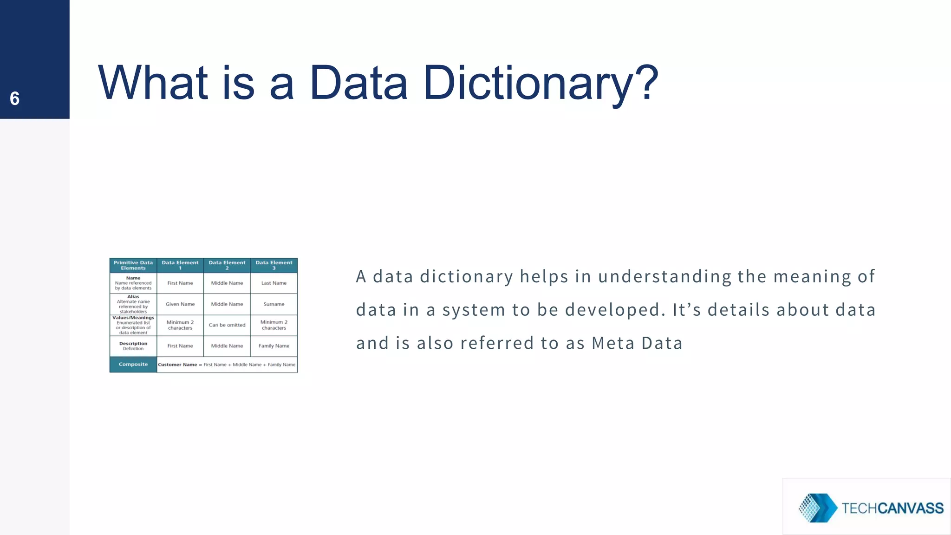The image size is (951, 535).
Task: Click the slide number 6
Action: coord(14,98)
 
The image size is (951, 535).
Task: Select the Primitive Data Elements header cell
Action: coord(133,265)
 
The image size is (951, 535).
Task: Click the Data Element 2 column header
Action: coord(227,265)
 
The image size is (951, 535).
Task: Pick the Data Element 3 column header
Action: coord(274,265)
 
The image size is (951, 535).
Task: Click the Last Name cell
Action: coord(274,283)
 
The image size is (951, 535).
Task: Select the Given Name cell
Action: coord(180,304)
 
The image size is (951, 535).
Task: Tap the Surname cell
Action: coord(274,304)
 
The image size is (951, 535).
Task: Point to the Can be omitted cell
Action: coord(227,325)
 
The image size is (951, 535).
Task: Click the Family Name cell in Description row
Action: coord(274,346)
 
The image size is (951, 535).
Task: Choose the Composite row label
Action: coord(133,365)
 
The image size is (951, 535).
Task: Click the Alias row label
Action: coord(133,296)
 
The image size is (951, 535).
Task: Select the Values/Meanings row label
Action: coord(133,318)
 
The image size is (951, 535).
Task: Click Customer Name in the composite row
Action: coord(177,365)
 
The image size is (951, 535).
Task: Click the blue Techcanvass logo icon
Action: coord(817,508)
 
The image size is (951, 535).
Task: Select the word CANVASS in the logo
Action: coord(911,509)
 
